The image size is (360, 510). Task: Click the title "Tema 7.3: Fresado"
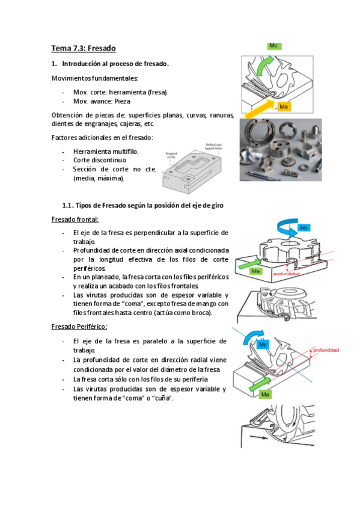[x=83, y=48]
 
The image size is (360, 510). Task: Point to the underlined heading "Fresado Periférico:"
[x=79, y=326]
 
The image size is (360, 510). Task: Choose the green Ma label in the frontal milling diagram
[x=255, y=272]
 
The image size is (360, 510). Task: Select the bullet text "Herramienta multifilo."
[x=105, y=152]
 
